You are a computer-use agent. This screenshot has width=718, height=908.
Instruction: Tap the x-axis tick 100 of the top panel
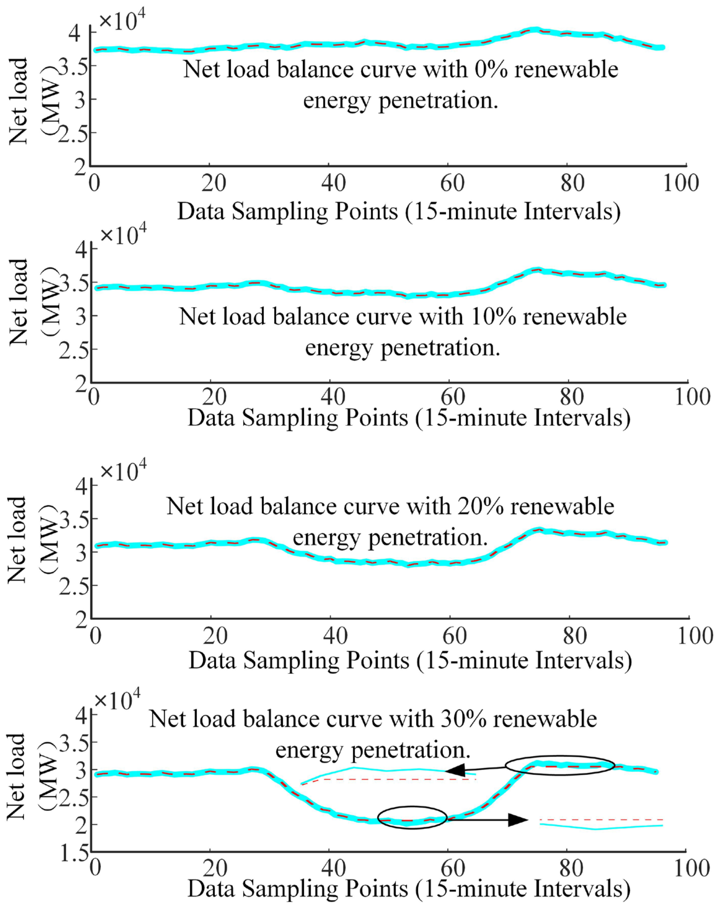pos(681,185)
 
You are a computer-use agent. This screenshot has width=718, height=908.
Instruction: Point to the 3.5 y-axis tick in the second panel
pos(75,283)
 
